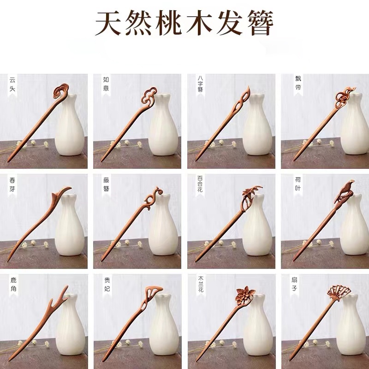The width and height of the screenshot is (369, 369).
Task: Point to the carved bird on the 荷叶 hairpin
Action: (344, 189)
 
